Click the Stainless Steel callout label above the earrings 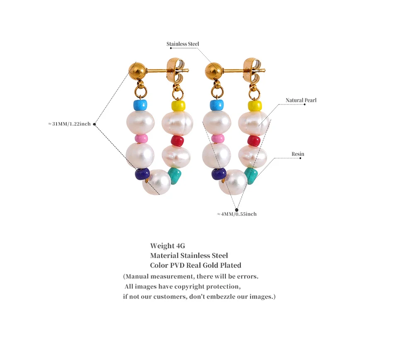182,44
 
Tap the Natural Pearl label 301,100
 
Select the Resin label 298,154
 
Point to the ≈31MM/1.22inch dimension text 69,124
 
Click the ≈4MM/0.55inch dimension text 237,214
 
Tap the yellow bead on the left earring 178,106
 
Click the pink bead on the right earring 218,138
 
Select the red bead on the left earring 177,141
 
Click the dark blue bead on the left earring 142,174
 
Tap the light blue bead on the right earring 216,105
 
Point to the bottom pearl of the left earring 157,182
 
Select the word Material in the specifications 164,255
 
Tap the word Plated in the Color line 230,265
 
